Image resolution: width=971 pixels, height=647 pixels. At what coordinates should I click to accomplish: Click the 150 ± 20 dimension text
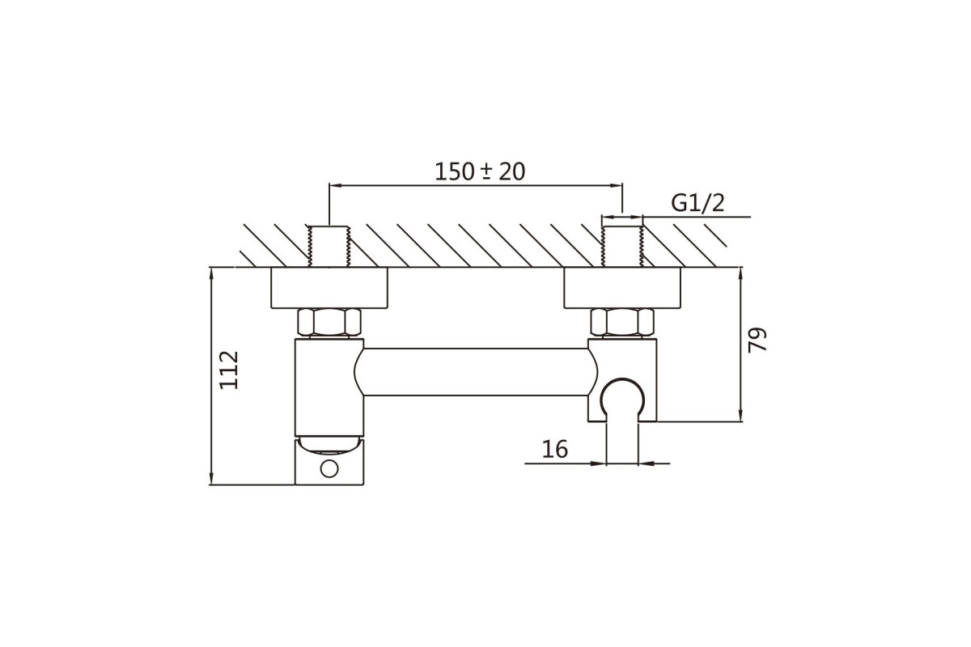(480, 171)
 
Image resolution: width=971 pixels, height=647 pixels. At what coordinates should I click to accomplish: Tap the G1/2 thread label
(698, 202)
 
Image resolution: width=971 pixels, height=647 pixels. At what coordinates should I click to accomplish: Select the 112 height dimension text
(229, 370)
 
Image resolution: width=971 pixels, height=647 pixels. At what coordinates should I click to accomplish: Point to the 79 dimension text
(757, 340)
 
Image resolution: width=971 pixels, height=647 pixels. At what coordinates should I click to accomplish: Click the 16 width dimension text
(555, 449)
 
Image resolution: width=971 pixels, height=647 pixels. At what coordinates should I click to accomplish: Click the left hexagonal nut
(329, 323)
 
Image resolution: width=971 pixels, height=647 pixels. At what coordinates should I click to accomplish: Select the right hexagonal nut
(622, 323)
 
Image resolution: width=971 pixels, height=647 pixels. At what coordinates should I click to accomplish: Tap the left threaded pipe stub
(329, 246)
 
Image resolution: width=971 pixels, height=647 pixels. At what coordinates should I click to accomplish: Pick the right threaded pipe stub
(622, 246)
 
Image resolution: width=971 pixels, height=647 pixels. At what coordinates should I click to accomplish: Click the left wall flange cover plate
(329, 288)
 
